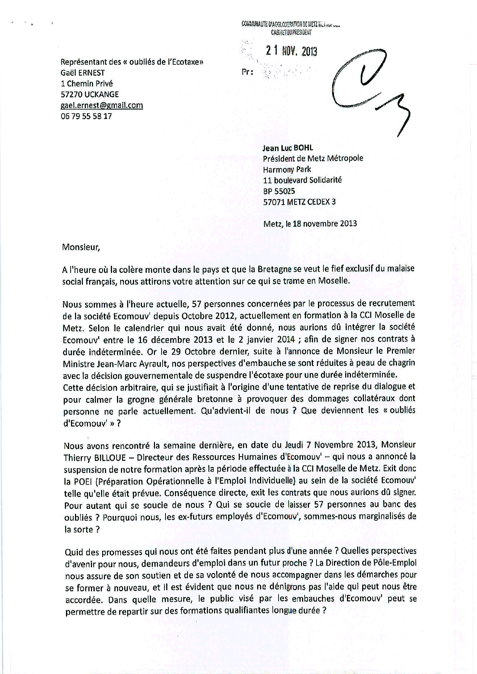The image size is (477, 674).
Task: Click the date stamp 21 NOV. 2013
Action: coord(292,51)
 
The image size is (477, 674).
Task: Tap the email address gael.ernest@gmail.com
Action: coord(102,105)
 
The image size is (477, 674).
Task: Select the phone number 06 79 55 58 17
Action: coord(86,116)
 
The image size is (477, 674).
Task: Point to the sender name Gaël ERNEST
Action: coord(83,73)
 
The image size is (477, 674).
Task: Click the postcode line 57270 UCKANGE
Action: coord(89,94)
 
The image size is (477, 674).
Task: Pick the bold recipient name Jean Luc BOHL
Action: coord(288,148)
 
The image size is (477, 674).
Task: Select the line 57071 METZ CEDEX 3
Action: coord(300,202)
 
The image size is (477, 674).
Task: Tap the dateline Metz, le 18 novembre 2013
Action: coord(310,223)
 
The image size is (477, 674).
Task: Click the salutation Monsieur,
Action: coord(80,247)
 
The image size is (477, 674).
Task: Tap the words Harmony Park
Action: coord(287,169)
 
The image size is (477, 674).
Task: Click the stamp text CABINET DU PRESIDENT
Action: coord(291,33)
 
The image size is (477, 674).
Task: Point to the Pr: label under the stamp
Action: coord(247,72)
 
